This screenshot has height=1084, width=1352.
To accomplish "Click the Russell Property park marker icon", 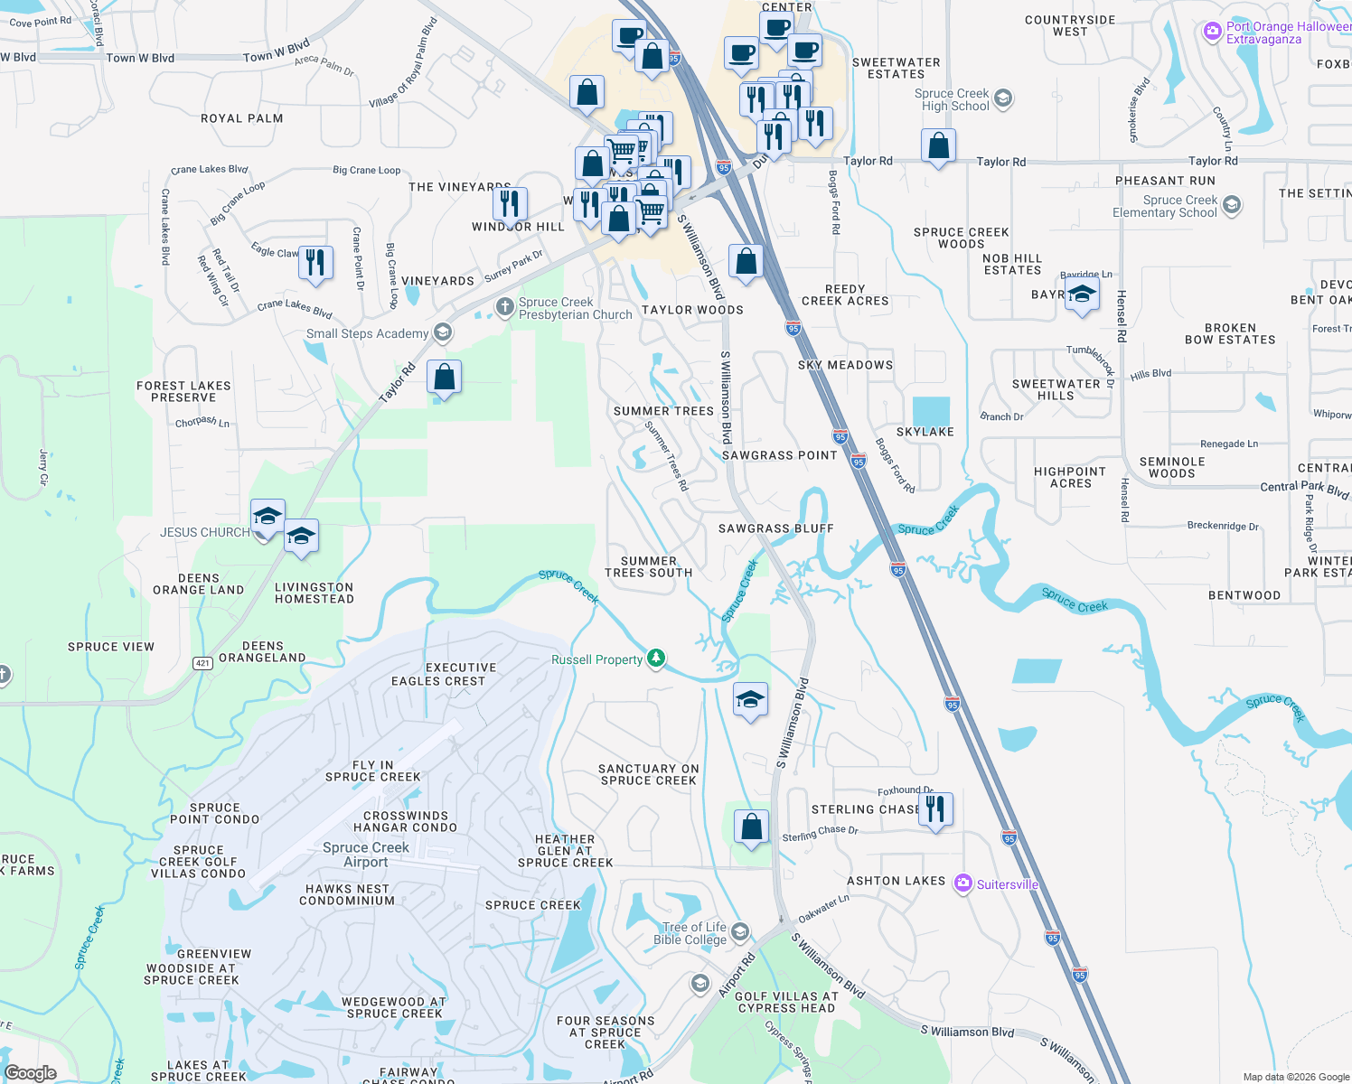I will [656, 659].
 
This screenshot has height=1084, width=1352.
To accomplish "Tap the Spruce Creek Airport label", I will [366, 855].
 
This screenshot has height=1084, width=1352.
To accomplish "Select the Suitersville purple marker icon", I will [963, 883].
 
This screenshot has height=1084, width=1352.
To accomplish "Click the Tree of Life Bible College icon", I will [740, 931].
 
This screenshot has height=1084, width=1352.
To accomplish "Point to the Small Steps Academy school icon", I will [442, 333].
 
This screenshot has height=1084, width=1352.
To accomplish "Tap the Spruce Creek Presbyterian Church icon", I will [505, 309].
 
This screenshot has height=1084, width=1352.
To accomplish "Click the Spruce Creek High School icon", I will [1002, 98].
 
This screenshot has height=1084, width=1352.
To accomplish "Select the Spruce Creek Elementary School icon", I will [1231, 206].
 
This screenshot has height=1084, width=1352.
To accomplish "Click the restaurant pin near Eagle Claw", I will [315, 262].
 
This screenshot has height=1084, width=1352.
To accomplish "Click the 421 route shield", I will [202, 663].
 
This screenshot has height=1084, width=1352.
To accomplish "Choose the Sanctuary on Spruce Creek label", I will [649, 774].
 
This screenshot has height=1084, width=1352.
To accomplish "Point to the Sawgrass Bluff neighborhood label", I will [775, 528].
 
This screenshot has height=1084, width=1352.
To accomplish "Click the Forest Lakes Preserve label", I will [183, 391].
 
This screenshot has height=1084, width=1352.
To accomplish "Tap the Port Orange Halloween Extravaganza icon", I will [1212, 33].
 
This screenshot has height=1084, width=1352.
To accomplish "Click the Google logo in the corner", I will [30, 1072].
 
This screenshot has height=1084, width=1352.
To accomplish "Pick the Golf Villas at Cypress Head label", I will [786, 1002].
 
